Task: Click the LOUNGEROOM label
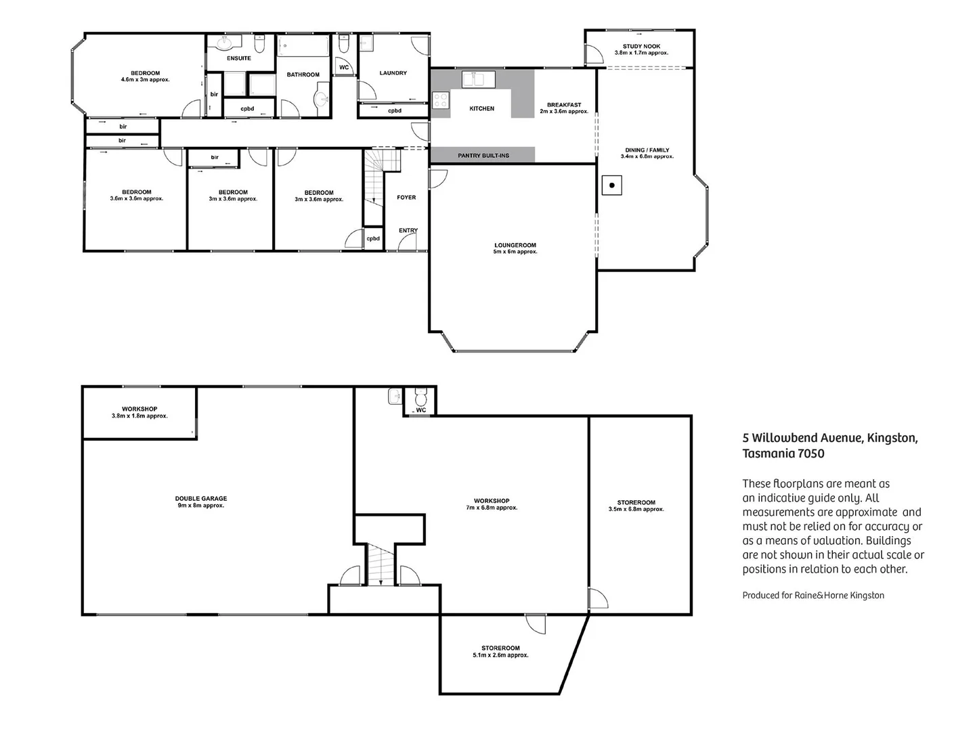point(515,245)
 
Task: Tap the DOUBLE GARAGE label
point(200,499)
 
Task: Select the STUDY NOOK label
point(641,46)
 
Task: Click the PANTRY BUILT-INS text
point(483,156)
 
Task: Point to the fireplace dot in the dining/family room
point(612,185)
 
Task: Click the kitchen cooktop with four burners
point(440,100)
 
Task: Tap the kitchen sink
point(479,80)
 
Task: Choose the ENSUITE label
point(239,58)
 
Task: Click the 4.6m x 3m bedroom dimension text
point(146,80)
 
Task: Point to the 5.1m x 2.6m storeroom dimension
point(500,655)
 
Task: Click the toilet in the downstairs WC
point(420,396)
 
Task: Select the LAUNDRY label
point(393,73)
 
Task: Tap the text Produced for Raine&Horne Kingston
point(812,596)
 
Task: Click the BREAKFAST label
point(564,105)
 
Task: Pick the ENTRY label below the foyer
point(408,231)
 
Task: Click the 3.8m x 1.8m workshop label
point(139,416)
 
